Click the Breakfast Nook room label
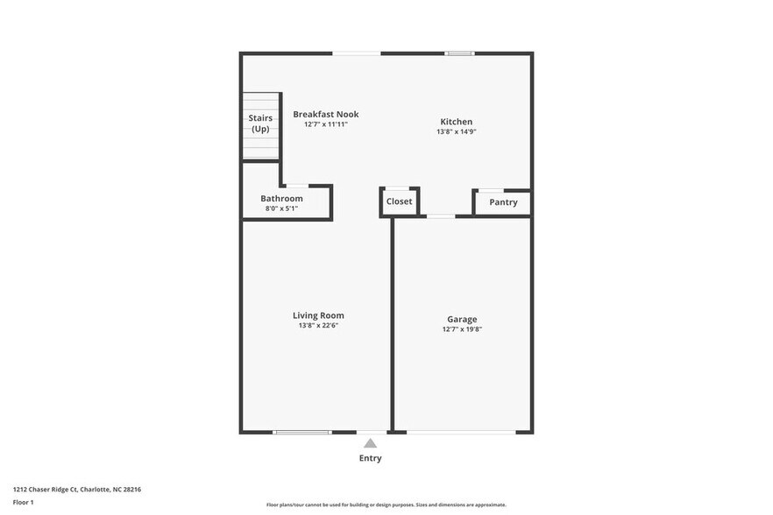click(326, 114)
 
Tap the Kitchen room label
click(456, 122)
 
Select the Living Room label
click(318, 315)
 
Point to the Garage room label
click(462, 319)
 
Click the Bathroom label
click(281, 199)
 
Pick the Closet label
click(399, 201)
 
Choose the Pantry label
click(503, 202)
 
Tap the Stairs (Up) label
click(260, 123)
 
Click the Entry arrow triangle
click(371, 443)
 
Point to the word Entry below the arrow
click(371, 458)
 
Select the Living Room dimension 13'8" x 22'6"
click(318, 326)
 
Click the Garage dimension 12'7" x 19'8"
click(462, 329)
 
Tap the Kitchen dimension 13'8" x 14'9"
click(456, 132)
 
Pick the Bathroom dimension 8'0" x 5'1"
click(281, 208)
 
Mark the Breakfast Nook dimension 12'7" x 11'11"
click(326, 124)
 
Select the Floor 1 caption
click(23, 502)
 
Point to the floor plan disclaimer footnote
click(386, 504)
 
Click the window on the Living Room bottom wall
click(302, 432)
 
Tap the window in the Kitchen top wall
click(459, 53)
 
